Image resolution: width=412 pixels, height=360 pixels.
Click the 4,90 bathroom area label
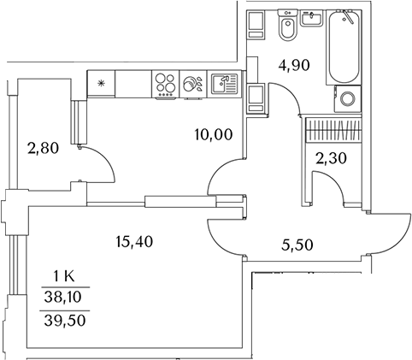pyautogui.click(x=294, y=66)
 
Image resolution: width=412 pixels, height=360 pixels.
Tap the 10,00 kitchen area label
pyautogui.click(x=214, y=134)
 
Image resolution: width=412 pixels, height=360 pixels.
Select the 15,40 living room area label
pyautogui.click(x=134, y=242)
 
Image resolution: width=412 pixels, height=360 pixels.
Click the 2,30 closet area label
pyautogui.click(x=331, y=158)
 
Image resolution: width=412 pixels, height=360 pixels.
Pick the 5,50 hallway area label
pyautogui.click(x=297, y=245)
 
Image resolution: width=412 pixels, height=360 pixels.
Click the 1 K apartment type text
pyautogui.click(x=64, y=276)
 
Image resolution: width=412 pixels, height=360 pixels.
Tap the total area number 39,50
pyautogui.click(x=65, y=321)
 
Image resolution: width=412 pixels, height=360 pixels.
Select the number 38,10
pyautogui.click(x=63, y=298)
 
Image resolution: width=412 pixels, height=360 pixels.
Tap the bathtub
pyautogui.click(x=344, y=47)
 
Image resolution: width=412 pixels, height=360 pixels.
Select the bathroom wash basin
pyautogui.click(x=312, y=18)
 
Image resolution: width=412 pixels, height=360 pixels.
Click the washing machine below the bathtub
pyautogui.click(x=348, y=98)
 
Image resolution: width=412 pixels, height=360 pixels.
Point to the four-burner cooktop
pyautogui.click(x=165, y=85)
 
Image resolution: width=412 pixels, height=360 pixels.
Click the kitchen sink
pyautogui.click(x=224, y=84)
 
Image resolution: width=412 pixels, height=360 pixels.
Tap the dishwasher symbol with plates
pyautogui.click(x=193, y=84)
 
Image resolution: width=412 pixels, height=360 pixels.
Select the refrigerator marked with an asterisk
pyautogui.click(x=101, y=84)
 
